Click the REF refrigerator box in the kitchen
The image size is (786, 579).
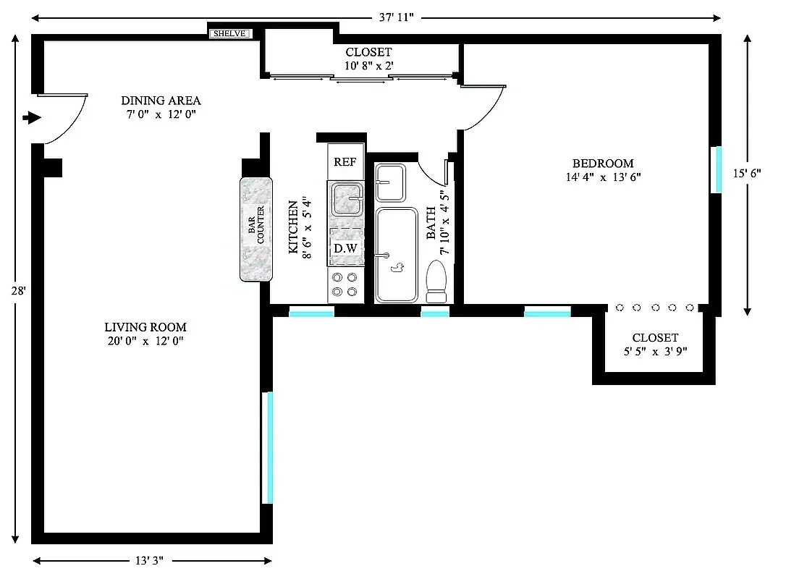click(345, 161)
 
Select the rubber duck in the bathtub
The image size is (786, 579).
click(397, 269)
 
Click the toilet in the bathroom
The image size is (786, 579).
click(436, 282)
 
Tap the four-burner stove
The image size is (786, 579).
click(345, 284)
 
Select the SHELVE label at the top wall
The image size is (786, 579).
click(230, 33)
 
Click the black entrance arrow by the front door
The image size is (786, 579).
click(32, 117)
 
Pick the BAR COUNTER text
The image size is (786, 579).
click(256, 229)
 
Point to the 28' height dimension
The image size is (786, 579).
click(17, 291)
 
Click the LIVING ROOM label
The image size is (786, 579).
click(145, 327)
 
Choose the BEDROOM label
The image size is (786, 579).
click(603, 164)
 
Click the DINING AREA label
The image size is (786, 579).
click(161, 101)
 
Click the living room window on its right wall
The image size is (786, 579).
click(268, 447)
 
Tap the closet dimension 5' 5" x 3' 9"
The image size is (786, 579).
click(655, 351)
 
